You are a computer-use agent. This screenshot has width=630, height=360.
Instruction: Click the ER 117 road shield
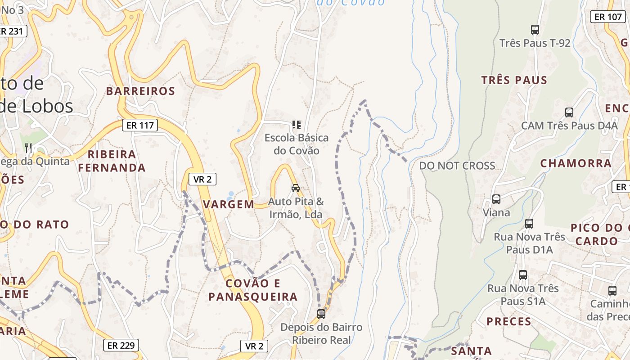click(140, 125)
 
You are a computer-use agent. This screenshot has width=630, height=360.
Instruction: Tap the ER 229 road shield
click(121, 346)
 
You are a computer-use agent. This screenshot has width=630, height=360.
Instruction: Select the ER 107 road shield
click(607, 17)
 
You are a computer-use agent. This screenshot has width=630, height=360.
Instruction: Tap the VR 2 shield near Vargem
click(202, 179)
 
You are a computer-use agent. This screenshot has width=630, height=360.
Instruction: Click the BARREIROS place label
click(140, 91)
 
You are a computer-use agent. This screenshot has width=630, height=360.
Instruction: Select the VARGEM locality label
click(229, 204)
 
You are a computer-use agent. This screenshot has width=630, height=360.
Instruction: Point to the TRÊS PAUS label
click(514, 81)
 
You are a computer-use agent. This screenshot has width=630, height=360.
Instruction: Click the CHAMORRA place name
click(576, 163)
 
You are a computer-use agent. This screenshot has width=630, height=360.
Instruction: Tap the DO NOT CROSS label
click(457, 166)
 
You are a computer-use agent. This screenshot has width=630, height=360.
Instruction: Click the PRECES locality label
click(509, 322)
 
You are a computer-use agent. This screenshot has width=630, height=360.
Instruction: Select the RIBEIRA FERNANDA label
click(112, 161)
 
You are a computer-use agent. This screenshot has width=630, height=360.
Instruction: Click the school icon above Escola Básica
click(296, 124)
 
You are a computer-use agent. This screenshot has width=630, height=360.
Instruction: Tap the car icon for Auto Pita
click(296, 188)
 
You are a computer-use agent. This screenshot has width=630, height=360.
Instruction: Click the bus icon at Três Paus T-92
click(535, 30)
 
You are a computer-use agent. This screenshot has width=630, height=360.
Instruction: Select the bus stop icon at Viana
click(496, 199)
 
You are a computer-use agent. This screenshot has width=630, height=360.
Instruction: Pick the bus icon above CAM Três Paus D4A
click(569, 112)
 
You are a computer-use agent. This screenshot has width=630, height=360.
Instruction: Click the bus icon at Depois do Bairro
click(321, 314)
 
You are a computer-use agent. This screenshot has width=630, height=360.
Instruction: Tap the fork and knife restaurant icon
click(28, 148)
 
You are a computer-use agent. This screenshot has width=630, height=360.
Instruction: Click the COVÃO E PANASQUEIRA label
click(253, 290)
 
